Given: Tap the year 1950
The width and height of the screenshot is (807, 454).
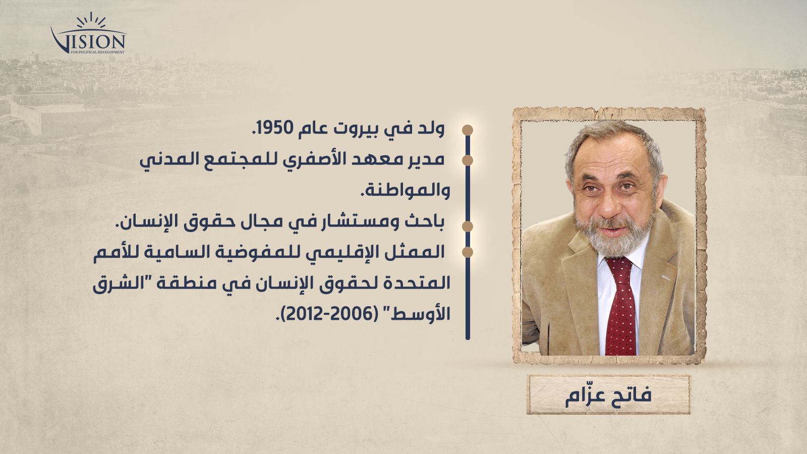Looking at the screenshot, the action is click(274, 128).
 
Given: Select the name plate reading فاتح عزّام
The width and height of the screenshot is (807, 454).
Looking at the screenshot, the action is click(608, 394).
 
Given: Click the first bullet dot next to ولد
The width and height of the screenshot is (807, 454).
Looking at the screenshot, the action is click(468, 130).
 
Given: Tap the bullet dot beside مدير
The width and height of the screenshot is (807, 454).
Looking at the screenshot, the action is click(468, 160).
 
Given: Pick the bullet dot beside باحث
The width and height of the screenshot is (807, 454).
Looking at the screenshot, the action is click(468, 226).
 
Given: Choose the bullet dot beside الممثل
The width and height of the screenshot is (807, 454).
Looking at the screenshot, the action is click(468, 252).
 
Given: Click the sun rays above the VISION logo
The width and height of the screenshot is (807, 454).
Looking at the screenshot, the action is click(91, 20).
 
